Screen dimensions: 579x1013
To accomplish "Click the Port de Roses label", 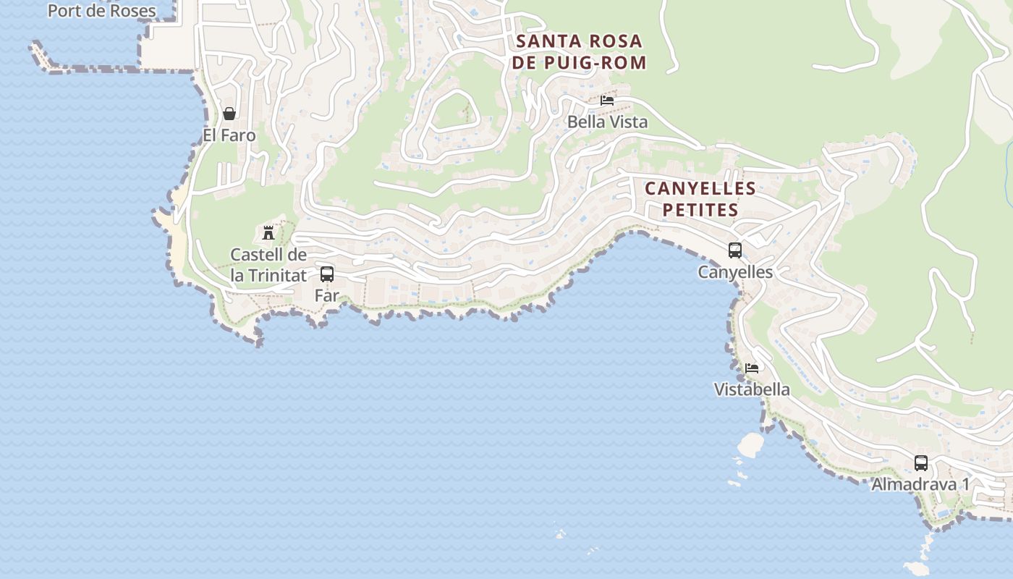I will pos(101,11).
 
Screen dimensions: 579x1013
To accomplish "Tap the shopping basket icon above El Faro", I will pos(229,114).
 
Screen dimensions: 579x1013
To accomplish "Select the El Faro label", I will pos(229,135).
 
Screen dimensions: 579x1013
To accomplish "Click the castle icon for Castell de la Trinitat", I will pos(268,232).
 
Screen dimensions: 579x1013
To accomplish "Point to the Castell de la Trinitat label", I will pos(268,265).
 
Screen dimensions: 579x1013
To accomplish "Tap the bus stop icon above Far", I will pos(327,274).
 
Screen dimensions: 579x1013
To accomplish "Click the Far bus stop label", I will pos(326,295).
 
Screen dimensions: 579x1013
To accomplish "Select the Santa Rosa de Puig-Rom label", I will pos(579,51).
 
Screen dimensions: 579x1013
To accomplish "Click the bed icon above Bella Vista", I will pos(607,101).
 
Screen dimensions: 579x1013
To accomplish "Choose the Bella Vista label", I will pos(607,122).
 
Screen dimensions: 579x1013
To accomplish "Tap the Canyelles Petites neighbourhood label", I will pos(700,199).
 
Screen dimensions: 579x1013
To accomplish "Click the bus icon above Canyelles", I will pos(735,250).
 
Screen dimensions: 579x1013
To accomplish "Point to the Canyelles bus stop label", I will pos(735,272).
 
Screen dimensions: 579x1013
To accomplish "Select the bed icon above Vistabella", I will pos(752,368).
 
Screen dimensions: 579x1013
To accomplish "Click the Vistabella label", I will pos(752,389).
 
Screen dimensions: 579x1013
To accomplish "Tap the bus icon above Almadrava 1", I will pos(920,462).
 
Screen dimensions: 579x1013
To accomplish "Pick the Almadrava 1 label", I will pos(920,484).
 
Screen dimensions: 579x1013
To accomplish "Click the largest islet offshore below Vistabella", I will pos(750,444).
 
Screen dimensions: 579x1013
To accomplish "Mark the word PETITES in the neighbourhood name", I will pos(700,211).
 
